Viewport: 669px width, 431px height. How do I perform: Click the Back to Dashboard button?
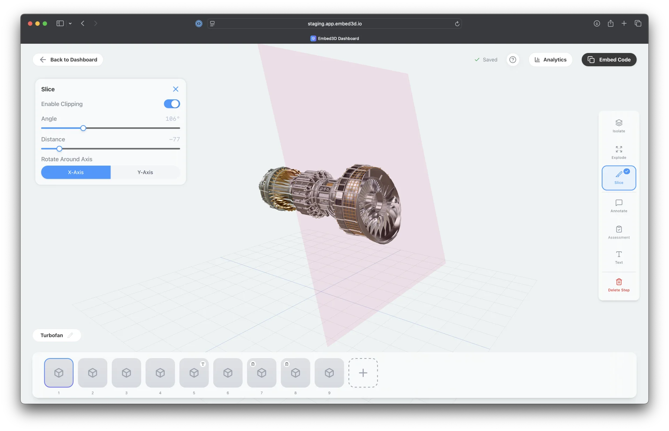pos(68,60)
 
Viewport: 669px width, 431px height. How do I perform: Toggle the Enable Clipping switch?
pos(172,104)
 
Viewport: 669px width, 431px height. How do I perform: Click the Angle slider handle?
pos(83,128)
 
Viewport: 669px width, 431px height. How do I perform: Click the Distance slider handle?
pos(59,149)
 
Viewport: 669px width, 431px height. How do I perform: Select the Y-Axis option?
pos(145,172)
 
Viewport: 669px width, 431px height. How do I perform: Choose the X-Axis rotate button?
pos(76,172)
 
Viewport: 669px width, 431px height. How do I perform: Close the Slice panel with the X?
pos(176,89)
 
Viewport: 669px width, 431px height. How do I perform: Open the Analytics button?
pos(550,60)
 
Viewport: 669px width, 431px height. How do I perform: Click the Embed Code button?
pos(609,60)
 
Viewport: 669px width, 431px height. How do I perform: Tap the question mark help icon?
pos(513,60)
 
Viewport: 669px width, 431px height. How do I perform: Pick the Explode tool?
pos(618,152)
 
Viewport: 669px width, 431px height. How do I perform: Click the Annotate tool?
pos(618,206)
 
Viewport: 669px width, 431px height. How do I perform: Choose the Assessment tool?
pos(618,232)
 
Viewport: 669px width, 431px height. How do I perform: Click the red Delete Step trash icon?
pos(618,282)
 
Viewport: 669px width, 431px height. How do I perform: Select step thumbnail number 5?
pos(194,373)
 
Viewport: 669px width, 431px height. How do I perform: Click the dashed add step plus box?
pos(363,373)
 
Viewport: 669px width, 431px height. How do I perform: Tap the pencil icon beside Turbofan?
pos(70,335)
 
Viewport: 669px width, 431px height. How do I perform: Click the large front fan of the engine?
pos(378,206)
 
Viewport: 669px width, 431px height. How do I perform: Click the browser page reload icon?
pos(457,24)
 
